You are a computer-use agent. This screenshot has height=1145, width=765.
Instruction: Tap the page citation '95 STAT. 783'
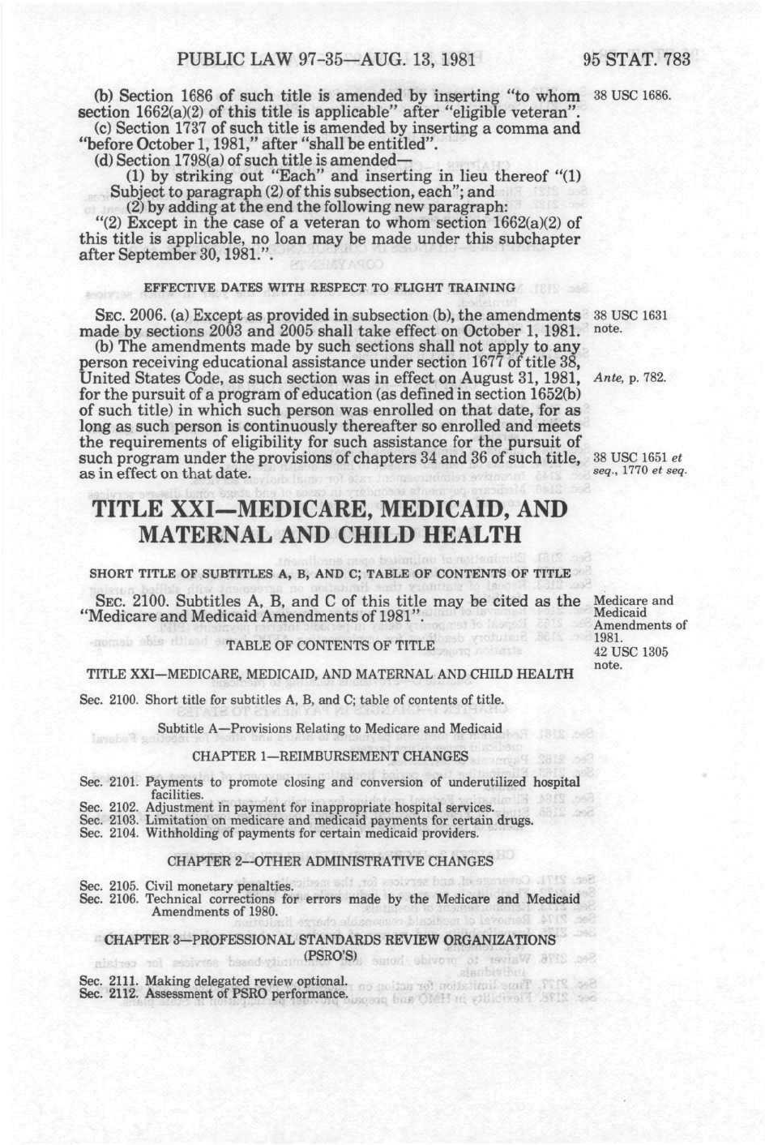point(635,61)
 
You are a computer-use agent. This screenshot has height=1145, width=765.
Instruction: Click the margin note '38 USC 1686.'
point(632,96)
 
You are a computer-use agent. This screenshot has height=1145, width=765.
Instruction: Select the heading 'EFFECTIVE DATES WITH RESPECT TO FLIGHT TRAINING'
point(329,287)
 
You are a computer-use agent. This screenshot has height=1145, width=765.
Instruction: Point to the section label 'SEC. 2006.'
point(119,315)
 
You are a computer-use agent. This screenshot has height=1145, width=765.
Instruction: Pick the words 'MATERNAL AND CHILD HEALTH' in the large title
point(330,535)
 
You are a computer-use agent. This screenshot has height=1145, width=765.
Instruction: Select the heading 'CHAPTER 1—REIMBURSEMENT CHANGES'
point(330,756)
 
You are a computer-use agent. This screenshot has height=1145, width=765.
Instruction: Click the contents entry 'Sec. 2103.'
point(110,821)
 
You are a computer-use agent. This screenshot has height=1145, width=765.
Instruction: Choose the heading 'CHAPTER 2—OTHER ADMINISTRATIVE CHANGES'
point(330,860)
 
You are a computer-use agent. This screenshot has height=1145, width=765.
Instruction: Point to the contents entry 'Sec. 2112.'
point(110,993)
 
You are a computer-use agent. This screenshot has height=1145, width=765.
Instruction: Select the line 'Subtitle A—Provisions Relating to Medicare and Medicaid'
point(330,728)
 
